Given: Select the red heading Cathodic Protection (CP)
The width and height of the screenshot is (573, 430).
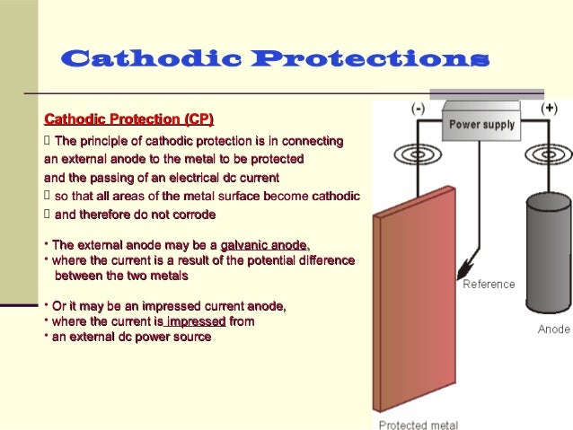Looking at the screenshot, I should [128, 120].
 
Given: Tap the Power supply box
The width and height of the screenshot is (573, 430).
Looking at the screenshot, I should [481, 124].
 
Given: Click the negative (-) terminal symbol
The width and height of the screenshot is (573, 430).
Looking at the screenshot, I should [419, 108].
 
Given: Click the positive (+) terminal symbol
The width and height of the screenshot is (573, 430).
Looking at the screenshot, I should [549, 108].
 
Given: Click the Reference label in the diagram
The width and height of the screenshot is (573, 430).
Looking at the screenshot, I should [489, 285].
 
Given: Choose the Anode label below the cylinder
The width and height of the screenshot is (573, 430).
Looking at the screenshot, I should [553, 329].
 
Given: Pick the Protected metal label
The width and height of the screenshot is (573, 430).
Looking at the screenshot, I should [418, 425].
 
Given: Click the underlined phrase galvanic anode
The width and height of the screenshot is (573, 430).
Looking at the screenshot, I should [263, 244].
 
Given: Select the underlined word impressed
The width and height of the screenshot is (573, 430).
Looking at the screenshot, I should [195, 321].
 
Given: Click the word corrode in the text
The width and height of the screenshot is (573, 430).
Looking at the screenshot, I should [193, 215].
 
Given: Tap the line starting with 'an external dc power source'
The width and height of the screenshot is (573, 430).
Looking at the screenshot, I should [130, 337].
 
